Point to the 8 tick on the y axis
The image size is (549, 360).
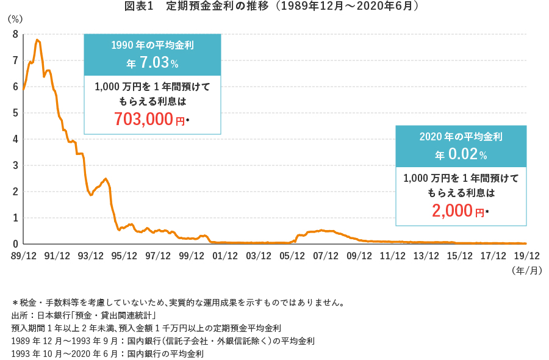pos(15,34)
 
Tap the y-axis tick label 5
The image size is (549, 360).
pos(15,113)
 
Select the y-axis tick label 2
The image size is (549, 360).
pos(15,192)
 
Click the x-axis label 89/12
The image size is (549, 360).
pos(23,256)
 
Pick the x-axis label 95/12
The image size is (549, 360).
pos(124,256)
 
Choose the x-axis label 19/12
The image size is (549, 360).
pos(526,256)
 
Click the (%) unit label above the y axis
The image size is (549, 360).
pos(15,19)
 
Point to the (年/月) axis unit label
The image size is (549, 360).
pos(527,270)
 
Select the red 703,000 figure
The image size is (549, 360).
pos(145,120)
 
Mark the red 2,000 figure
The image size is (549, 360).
pos(453,212)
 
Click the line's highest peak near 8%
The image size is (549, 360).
pos(38,40)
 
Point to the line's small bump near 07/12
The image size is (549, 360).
pos(322,231)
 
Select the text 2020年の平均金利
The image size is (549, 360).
pos(461,137)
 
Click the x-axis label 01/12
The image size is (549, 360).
pos(224,256)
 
